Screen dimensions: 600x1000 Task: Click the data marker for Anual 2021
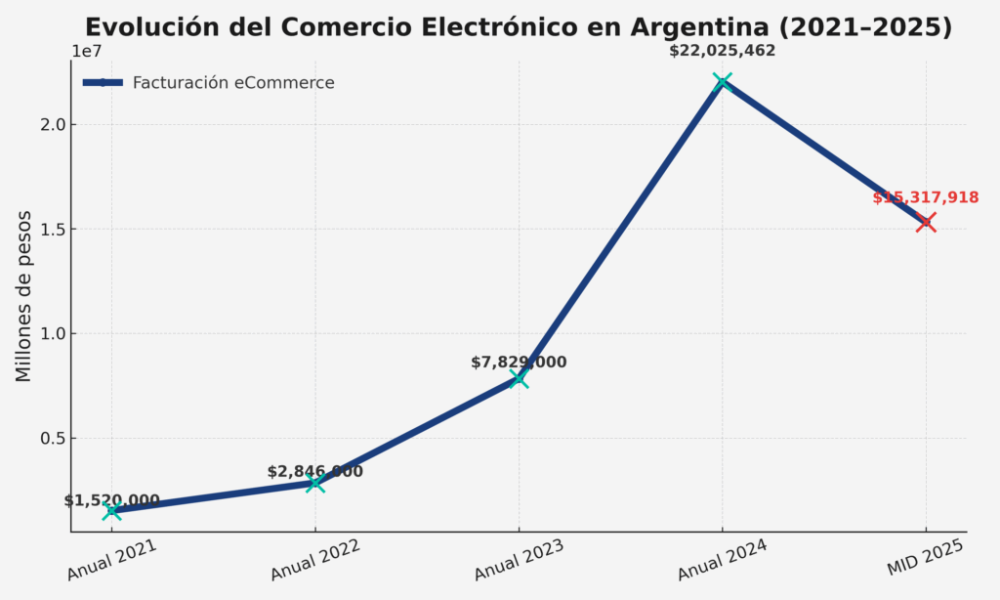[x=111, y=511]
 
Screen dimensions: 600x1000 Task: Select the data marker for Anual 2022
[x=314, y=483]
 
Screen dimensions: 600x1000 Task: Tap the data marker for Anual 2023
[x=519, y=378]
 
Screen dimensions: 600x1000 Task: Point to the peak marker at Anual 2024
[x=722, y=82]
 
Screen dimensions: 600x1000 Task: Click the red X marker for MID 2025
[x=926, y=222]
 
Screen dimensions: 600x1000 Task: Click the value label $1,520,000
[x=111, y=500]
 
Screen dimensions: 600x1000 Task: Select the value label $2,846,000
[x=314, y=471]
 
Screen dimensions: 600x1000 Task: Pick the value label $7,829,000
[x=519, y=363]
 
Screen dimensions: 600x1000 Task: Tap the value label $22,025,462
[x=722, y=50]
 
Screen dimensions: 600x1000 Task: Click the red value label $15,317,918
[x=926, y=197]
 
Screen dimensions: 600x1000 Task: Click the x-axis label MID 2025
[x=926, y=558]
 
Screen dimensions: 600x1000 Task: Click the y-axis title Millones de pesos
[x=23, y=296]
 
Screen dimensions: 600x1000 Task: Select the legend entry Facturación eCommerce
[x=233, y=83]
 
